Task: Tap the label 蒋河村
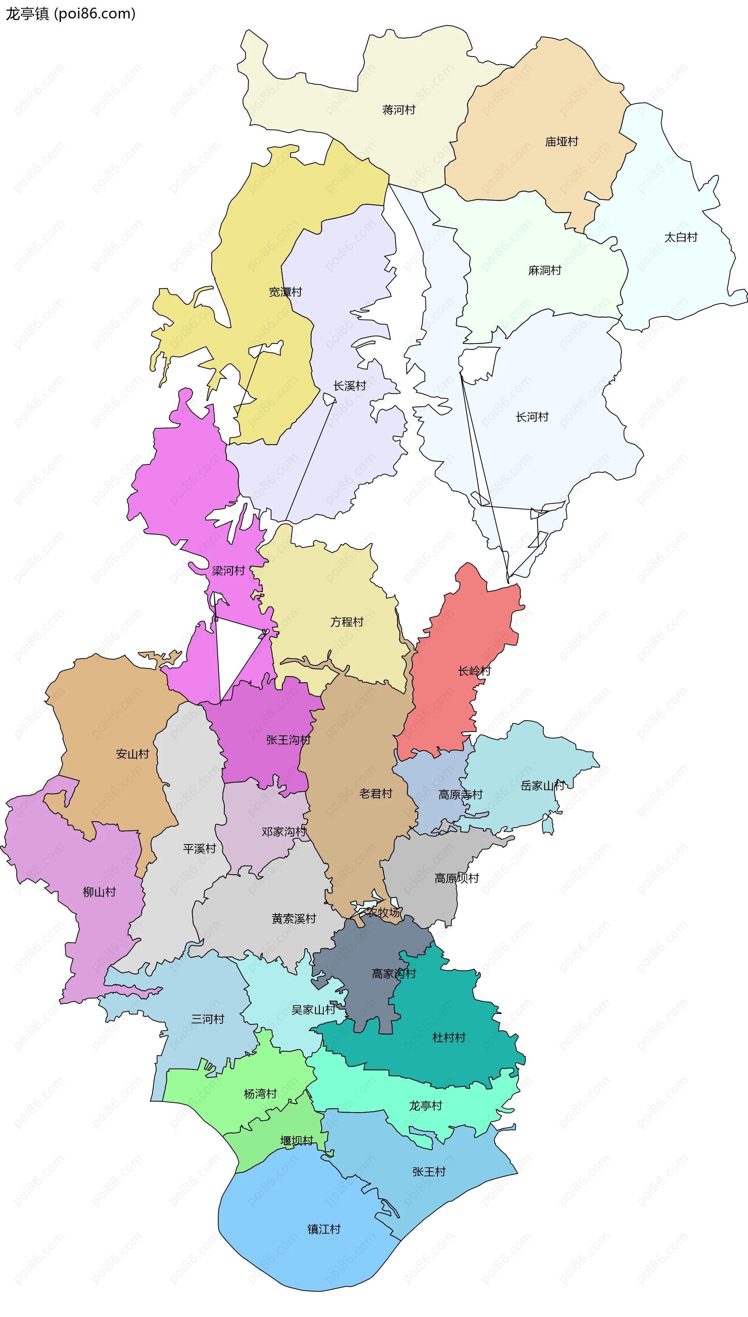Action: coord(399,110)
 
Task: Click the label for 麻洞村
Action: coord(545,271)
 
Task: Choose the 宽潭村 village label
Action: coord(286,292)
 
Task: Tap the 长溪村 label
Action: coord(349,386)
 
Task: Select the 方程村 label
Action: coord(347,622)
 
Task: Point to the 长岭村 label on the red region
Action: coord(474,671)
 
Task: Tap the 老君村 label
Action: coord(376,793)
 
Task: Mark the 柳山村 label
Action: coord(99,892)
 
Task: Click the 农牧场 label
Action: coord(383,913)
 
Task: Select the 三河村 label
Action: coord(208,1019)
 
